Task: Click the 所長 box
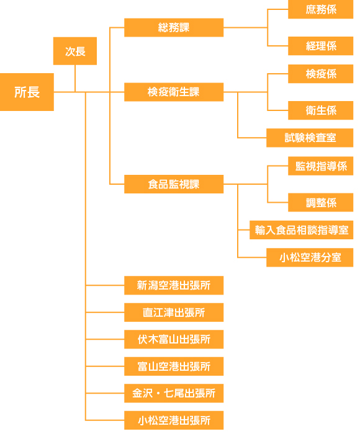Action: (x=27, y=92)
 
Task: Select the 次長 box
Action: (x=75, y=51)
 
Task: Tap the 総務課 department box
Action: (x=174, y=27)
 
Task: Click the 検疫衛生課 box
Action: (x=174, y=92)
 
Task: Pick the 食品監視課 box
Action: (x=174, y=184)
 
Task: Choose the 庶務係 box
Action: (x=321, y=9)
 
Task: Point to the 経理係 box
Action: (x=321, y=46)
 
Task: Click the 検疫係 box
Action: (x=321, y=74)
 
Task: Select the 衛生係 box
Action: (x=321, y=110)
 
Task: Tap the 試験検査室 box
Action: (x=310, y=138)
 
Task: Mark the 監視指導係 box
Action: (x=321, y=166)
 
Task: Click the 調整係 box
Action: (x=321, y=203)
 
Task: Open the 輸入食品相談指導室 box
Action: (x=302, y=230)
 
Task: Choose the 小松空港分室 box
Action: (x=310, y=257)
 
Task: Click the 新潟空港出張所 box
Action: (x=174, y=285)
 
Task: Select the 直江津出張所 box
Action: (x=174, y=312)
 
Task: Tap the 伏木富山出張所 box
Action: (x=174, y=339)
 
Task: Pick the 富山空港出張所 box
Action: (x=174, y=366)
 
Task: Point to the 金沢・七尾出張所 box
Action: (x=174, y=393)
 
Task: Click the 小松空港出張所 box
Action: (x=174, y=420)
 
